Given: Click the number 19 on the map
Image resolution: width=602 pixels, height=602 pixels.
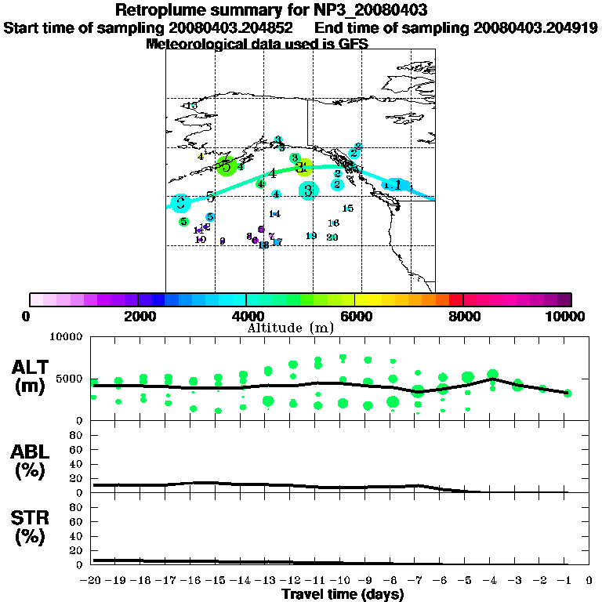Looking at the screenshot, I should (x=311, y=236).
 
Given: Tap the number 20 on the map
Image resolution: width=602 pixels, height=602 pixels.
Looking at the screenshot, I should (x=332, y=237).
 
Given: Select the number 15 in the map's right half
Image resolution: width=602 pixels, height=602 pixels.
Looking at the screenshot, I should (x=348, y=208).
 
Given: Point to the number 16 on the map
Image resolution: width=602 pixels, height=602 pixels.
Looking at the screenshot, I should (x=333, y=223).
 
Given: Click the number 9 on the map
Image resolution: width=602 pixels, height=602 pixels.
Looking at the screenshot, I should (x=223, y=241).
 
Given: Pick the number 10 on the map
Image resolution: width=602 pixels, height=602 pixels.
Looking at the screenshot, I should (x=201, y=239).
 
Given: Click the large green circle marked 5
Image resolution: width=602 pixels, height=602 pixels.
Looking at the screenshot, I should (x=227, y=166).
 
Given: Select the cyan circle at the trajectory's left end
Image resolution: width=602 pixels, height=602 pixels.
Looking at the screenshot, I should (x=181, y=202).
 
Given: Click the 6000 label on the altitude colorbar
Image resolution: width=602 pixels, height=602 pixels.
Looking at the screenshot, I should (x=355, y=316).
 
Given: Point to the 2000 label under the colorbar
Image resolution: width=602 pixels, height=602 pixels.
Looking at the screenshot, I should (x=137, y=316).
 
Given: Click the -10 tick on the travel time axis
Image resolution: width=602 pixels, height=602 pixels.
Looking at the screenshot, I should (x=342, y=580).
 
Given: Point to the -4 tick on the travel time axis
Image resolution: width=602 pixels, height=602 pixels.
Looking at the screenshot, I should (x=492, y=580).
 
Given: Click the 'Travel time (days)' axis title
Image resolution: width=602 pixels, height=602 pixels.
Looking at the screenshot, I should (x=343, y=594).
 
